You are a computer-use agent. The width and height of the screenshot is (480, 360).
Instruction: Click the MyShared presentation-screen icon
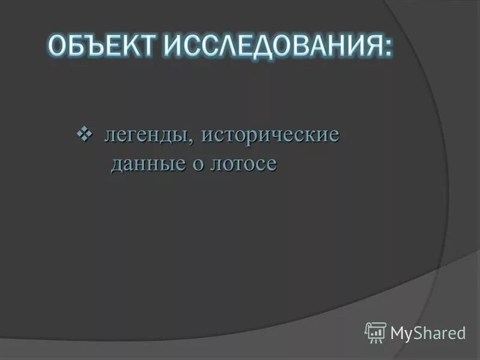[x=376, y=332]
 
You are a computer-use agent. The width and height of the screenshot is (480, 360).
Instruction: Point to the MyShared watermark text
[x=428, y=332]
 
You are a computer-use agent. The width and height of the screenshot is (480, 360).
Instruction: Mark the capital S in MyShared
[x=418, y=332]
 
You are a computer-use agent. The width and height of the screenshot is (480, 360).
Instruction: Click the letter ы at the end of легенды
[x=184, y=136]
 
